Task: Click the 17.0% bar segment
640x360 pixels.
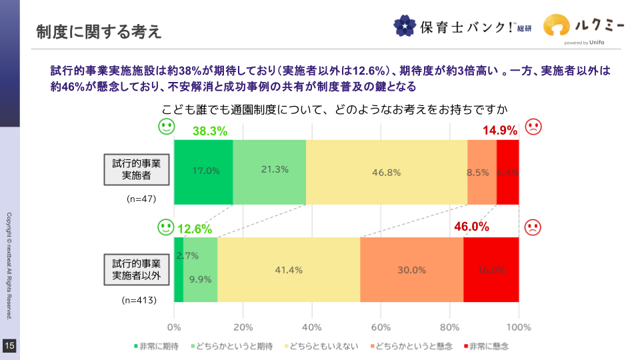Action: click(x=203, y=171)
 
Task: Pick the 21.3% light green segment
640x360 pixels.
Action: click(x=269, y=171)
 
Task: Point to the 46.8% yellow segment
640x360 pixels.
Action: click(x=386, y=172)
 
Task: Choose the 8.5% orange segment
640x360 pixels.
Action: click(x=481, y=172)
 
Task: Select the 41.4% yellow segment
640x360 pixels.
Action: click(x=289, y=270)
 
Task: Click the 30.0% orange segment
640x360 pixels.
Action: click(x=411, y=270)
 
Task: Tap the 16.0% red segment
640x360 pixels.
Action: click(x=491, y=270)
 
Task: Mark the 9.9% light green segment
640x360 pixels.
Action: click(x=201, y=280)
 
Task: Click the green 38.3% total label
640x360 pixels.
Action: click(x=210, y=131)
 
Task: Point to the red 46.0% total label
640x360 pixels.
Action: click(x=472, y=227)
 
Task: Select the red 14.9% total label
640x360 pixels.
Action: click(x=499, y=131)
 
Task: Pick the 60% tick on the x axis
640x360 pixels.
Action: click(x=381, y=327)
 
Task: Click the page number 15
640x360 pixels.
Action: click(x=9, y=345)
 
